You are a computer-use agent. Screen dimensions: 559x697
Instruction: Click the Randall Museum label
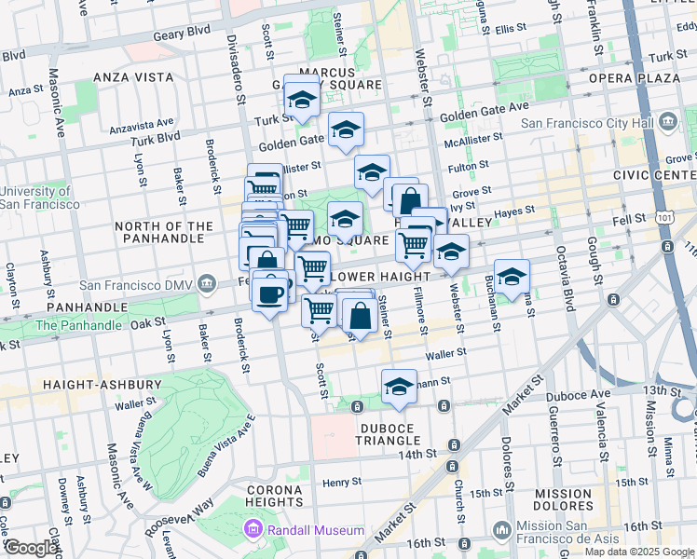coord(316,530)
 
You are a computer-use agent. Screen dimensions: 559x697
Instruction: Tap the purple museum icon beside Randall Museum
coord(252,530)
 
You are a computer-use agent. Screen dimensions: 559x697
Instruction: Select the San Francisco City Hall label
coord(589,123)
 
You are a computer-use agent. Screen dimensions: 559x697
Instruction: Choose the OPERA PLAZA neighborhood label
coord(635,77)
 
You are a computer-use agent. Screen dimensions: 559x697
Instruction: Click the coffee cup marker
coord(270,295)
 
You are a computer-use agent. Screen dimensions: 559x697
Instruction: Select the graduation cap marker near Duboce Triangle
coord(399,387)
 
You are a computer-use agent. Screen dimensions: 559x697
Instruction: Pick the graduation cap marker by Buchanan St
coord(512,277)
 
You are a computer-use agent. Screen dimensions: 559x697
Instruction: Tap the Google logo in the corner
coord(31,548)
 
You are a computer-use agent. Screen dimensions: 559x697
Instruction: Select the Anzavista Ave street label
coord(142,123)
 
